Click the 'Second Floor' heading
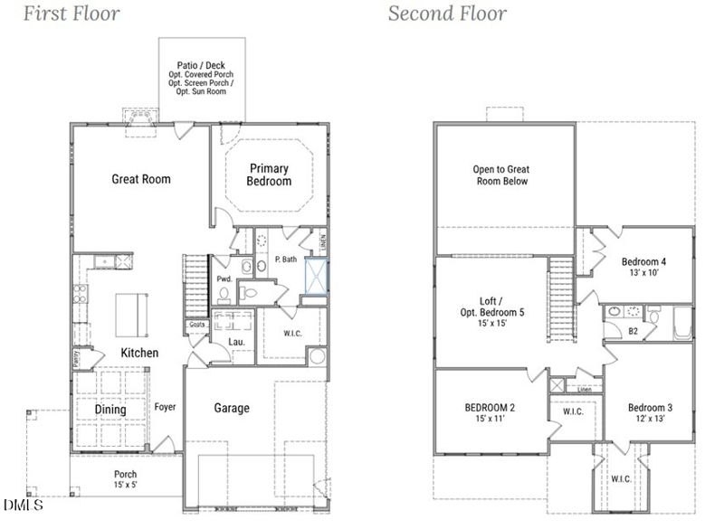447,14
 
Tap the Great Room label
140,179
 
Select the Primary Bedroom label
269,175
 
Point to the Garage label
232,409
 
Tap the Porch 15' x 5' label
125,480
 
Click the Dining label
110,410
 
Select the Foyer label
165,407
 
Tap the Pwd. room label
224,279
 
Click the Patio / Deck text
201,65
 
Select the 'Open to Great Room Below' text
500,175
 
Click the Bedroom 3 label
650,412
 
